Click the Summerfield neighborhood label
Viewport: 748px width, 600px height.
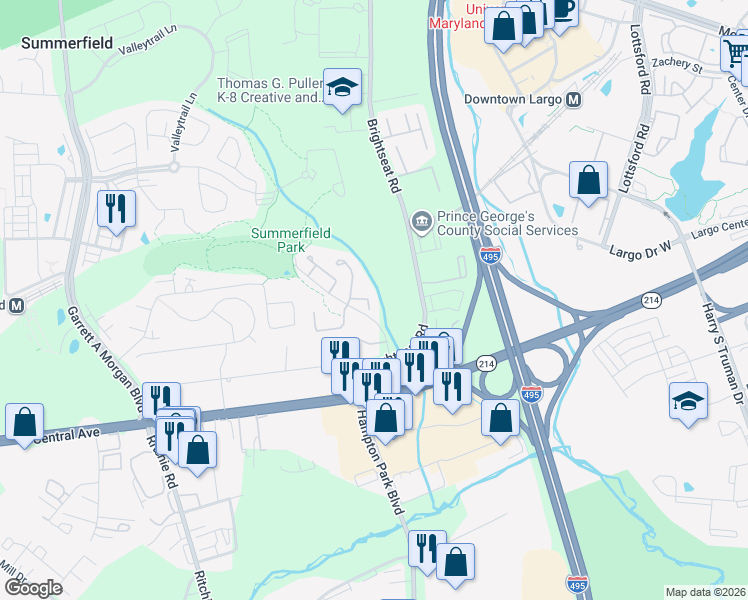pyautogui.click(x=64, y=43)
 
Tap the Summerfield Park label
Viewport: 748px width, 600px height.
pyautogui.click(x=290, y=239)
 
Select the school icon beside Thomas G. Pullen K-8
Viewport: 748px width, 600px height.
pyautogui.click(x=342, y=88)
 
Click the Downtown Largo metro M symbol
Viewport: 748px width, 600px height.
pyautogui.click(x=574, y=100)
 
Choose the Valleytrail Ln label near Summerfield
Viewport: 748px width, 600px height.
pyautogui.click(x=146, y=47)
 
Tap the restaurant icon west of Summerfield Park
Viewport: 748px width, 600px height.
pyautogui.click(x=116, y=208)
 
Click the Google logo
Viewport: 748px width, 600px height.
pyautogui.click(x=33, y=588)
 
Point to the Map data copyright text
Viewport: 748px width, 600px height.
pyautogui.click(x=705, y=592)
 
